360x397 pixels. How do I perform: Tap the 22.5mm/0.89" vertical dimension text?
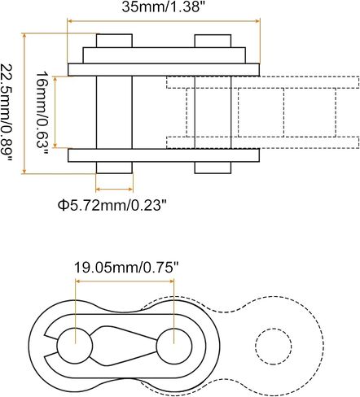click(x=6, y=113)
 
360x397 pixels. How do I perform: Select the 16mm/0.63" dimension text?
click(x=42, y=113)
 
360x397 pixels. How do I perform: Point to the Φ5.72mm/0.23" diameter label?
click(x=112, y=205)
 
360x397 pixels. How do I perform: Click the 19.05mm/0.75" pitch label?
click(x=127, y=268)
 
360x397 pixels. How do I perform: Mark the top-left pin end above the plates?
click(x=114, y=41)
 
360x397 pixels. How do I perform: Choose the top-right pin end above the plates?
click(x=213, y=41)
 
